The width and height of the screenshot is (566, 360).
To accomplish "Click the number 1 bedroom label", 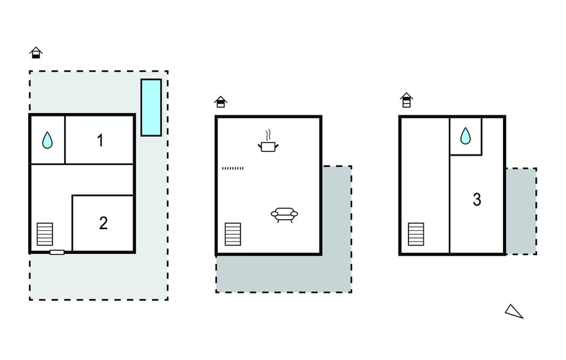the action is [100, 140].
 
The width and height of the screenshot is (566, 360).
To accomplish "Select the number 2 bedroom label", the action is [103, 223].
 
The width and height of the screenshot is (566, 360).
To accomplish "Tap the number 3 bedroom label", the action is [477, 200].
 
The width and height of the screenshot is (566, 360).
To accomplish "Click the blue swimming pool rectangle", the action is [151, 107].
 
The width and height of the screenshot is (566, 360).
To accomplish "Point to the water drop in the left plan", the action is [47, 140].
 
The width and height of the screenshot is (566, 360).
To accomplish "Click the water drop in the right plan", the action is [465, 136].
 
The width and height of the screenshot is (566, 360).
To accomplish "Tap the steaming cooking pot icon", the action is [268, 141].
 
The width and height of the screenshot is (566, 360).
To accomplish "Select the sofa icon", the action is [284, 214].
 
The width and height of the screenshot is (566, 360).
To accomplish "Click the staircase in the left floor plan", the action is [45, 234].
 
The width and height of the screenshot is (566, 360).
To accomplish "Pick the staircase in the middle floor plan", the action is [233, 234].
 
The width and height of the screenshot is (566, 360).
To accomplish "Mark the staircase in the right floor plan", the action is [416, 234].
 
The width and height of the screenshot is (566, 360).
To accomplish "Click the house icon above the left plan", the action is [36, 52].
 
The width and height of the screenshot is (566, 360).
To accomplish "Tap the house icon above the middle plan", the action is [221, 102].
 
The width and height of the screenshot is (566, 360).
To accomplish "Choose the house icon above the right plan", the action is [406, 100].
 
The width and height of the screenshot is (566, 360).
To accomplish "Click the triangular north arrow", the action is [514, 312].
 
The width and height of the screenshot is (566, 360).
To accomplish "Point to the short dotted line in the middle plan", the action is [233, 168].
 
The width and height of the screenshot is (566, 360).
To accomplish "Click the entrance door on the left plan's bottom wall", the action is [57, 252].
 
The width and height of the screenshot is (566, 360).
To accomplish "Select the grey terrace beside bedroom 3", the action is [521, 211].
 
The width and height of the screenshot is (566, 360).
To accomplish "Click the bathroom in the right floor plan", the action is [466, 136].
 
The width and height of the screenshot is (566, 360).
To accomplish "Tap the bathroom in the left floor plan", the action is [47, 140].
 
